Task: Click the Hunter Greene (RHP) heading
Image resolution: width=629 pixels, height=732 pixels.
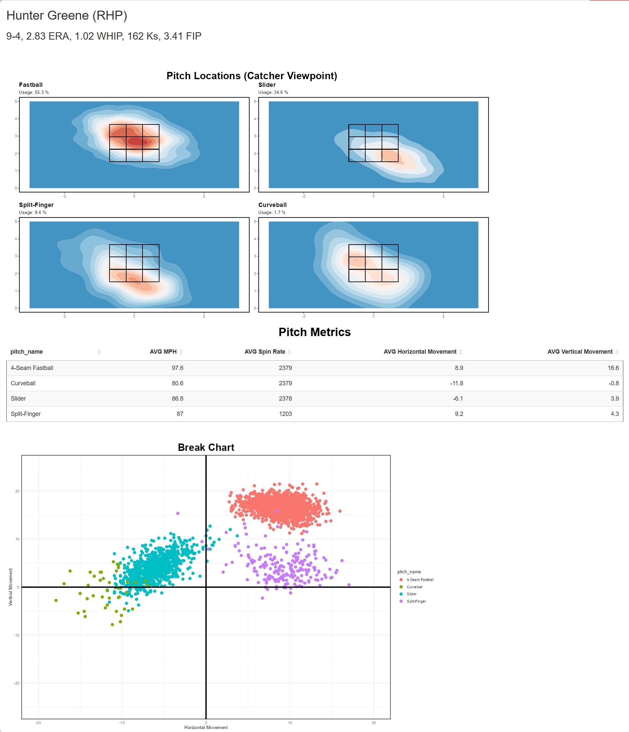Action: click(67, 16)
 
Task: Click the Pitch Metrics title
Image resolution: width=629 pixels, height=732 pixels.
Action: click(314, 332)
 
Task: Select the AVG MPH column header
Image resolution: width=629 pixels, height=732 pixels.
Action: click(163, 351)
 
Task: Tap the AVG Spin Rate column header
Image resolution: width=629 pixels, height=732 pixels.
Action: click(264, 351)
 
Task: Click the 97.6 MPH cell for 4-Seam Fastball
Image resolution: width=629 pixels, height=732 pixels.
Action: click(177, 368)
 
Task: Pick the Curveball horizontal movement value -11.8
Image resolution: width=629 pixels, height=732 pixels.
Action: click(456, 383)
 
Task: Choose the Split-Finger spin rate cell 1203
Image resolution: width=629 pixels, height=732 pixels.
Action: click(285, 414)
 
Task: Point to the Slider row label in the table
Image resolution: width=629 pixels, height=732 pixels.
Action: click(18, 399)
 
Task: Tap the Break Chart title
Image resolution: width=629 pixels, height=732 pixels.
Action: click(206, 447)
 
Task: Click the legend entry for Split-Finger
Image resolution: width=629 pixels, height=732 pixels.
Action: click(416, 601)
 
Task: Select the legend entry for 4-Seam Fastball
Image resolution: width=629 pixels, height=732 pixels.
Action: click(420, 580)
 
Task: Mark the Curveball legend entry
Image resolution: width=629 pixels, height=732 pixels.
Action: click(414, 587)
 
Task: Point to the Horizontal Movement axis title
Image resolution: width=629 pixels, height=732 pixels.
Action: click(206, 727)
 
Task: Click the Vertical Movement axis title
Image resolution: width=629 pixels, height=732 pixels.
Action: click(10, 587)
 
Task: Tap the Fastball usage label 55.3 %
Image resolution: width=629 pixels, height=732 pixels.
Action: click(34, 92)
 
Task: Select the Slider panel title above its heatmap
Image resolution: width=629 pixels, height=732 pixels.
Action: click(267, 85)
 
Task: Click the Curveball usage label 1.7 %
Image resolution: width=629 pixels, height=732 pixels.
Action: click(272, 213)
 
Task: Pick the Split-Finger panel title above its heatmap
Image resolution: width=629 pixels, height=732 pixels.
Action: click(36, 205)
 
